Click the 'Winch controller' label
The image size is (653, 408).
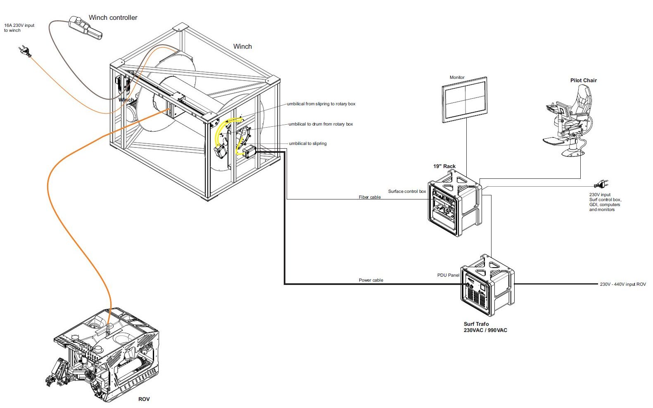pos(113,18)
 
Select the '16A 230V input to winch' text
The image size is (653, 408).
pos(19,28)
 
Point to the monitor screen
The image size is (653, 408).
pos(465,100)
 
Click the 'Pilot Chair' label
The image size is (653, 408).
pos(583,81)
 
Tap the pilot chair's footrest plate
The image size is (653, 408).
pos(555,141)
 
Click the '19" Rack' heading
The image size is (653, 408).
pos(444,166)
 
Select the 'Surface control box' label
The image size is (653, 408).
pos(407,192)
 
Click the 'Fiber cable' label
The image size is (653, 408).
pos(370,197)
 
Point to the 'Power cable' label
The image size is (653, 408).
pos(371,280)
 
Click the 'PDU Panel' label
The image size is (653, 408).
pos(448,275)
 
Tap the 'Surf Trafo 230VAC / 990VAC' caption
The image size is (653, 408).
pos(485,327)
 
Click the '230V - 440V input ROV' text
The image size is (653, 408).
pos(622,285)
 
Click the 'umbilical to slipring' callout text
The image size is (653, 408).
pos(308,144)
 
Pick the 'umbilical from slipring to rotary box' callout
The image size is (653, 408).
pos(321,104)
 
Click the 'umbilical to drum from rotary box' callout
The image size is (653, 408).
pos(321,124)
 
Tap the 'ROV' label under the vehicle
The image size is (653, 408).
pos(144,399)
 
